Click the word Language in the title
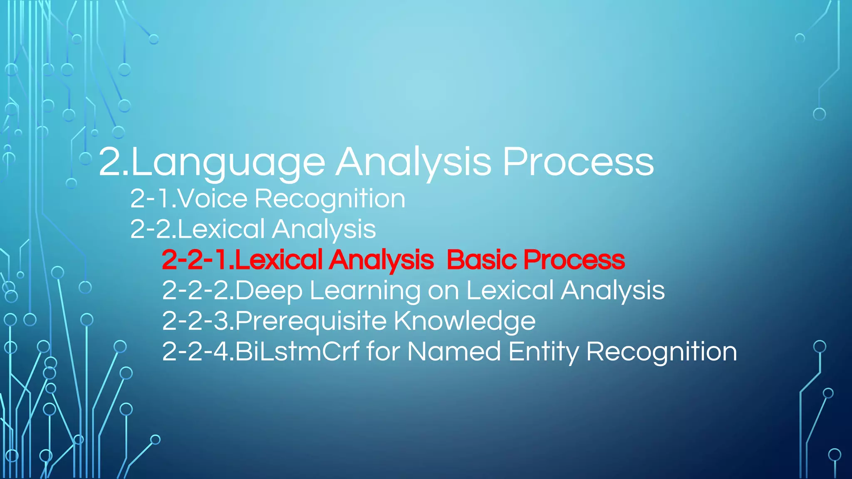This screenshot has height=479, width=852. click(x=228, y=163)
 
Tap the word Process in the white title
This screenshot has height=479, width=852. click(x=578, y=162)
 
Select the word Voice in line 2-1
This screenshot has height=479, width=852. click(x=213, y=198)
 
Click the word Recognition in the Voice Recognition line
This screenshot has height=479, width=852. click(x=330, y=199)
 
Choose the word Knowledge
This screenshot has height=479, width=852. click(x=464, y=321)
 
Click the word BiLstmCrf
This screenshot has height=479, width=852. click(x=297, y=352)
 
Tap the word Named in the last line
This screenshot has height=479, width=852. click(x=454, y=352)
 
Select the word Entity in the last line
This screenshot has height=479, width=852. click(x=543, y=352)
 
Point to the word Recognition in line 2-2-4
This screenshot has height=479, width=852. click(x=661, y=352)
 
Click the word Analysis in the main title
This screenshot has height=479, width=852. click(x=414, y=163)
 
